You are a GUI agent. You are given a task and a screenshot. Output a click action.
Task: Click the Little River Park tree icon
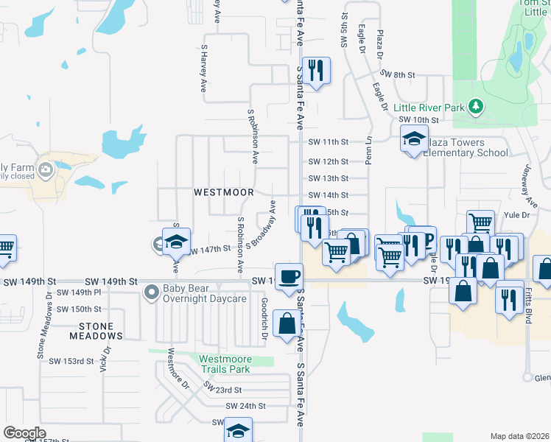click(x=476, y=107)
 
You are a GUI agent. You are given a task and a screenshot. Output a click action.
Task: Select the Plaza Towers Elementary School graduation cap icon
click(x=414, y=138)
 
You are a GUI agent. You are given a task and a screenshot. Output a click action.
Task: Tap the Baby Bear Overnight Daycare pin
click(x=152, y=293)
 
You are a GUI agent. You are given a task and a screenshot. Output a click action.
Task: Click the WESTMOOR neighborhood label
click(x=223, y=192)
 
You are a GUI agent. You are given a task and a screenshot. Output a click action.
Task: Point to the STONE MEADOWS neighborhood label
click(x=91, y=331)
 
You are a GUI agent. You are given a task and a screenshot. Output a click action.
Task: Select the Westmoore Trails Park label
click(x=231, y=364)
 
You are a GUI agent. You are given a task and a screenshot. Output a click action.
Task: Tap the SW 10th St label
click(x=418, y=119)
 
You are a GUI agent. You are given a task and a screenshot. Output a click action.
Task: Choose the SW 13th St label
click(x=328, y=178)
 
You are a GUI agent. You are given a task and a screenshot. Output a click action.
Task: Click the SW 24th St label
click(x=245, y=406)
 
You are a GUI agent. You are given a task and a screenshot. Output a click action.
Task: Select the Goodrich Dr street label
click(x=264, y=318)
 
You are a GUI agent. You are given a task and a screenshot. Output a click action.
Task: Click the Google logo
click(x=24, y=433)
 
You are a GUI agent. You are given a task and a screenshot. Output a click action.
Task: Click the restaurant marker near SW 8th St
click(x=316, y=71)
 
